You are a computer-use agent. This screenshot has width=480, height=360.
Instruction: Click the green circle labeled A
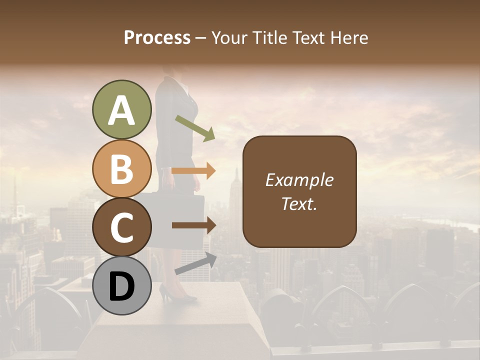coord(121,110)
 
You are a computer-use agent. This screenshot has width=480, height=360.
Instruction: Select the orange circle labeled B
coord(121,169)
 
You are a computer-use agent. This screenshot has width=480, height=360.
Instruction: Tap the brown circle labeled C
coord(121,227)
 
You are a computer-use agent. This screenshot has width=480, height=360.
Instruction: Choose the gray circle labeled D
coord(121,286)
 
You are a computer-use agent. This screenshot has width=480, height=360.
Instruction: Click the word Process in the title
coord(157,38)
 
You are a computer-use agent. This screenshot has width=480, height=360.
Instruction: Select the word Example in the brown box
coord(299,180)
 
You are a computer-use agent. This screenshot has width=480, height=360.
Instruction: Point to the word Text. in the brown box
coord(299,203)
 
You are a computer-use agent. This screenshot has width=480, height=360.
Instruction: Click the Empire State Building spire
coord(236,175)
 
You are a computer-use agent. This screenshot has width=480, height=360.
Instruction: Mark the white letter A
coord(121,110)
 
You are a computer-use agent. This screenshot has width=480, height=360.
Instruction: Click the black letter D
coord(121,286)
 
